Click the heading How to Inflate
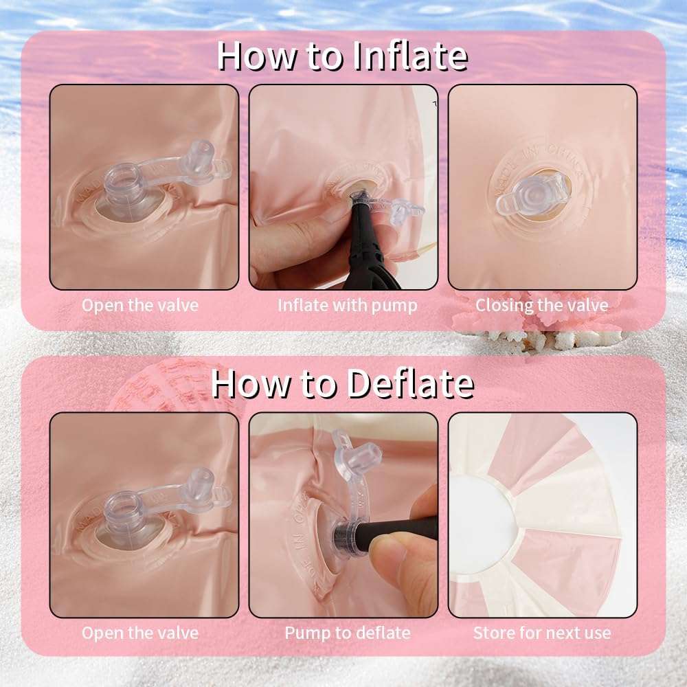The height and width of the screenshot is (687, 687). tap(342, 56)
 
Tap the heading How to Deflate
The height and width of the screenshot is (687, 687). tap(342, 383)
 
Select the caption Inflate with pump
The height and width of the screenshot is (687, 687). tap(348, 306)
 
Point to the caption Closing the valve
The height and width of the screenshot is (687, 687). tap(542, 306)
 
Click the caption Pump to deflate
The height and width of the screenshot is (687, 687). tap(348, 633)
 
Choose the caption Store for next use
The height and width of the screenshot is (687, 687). tap(542, 633)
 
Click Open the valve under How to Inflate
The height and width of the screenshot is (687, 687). tap(140, 306)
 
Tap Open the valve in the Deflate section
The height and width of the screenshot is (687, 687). tap(140, 633)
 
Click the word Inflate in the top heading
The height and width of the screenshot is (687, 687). tap(410, 56)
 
